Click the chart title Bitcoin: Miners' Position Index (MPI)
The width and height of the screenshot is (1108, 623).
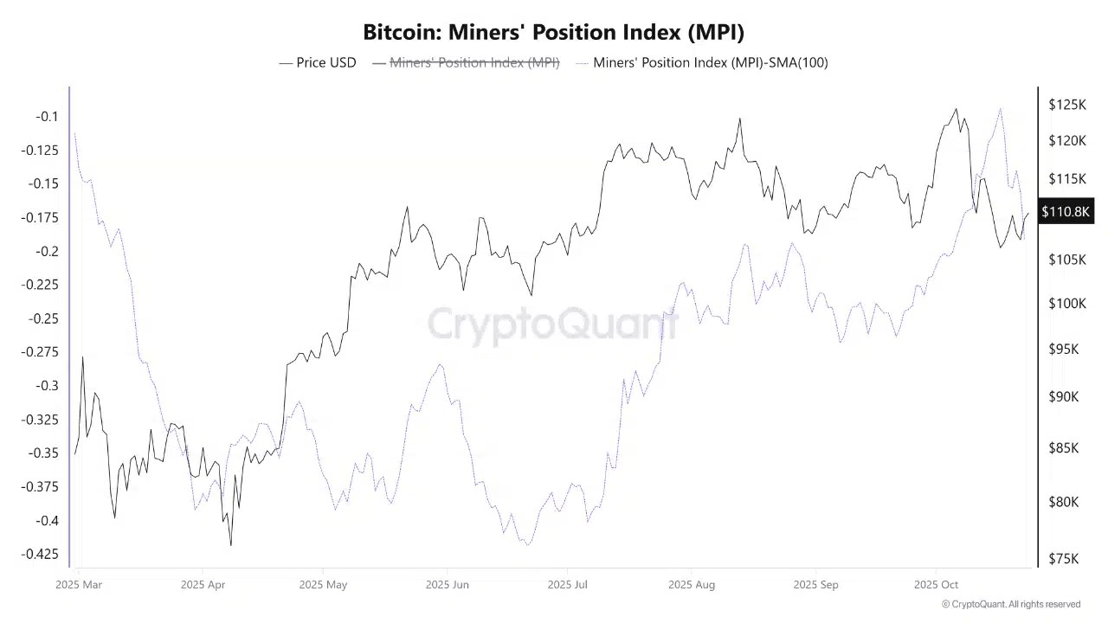(553, 32)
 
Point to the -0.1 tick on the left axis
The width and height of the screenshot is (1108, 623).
(47, 117)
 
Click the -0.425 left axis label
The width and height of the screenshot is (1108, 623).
(40, 554)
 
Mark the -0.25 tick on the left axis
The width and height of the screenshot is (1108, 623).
(43, 318)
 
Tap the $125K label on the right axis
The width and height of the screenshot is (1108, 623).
(1066, 105)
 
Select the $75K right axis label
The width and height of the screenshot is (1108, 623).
(1064, 559)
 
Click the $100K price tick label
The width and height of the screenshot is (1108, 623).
(1066, 304)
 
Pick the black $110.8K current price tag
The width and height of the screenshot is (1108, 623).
(1065, 212)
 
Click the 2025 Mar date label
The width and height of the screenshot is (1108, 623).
(79, 585)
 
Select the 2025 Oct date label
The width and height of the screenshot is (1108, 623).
(937, 585)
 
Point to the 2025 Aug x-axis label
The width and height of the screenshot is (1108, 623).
(692, 585)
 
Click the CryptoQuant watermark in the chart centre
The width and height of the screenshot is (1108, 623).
(553, 324)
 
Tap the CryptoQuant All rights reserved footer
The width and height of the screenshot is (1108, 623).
(1010, 604)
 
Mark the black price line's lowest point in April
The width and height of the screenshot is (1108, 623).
(231, 545)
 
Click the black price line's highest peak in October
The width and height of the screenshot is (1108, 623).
(957, 109)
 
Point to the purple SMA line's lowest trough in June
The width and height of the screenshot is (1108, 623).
(526, 544)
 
